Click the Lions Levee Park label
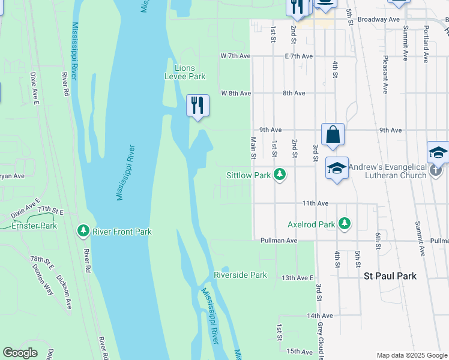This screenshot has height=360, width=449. coord(185,72)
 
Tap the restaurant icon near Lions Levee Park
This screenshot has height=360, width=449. coord(197,106)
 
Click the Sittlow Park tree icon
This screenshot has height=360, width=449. coord(279,175)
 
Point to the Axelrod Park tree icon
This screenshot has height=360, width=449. coord(344,224)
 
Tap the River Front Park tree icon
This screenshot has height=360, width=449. coord(83,231)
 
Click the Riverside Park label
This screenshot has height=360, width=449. coord(240,275)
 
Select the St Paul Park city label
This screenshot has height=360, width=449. coord(390,276)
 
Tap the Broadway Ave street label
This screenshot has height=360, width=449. coord(378,19)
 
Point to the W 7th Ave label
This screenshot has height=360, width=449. coord(235,56)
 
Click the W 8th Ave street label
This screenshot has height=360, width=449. coord(235,94)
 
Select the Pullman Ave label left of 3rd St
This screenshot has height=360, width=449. coord(279,240)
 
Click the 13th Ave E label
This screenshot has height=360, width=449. coord(298,278)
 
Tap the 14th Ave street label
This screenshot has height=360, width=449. coord(319,316)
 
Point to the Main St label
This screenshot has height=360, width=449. coord(253,148)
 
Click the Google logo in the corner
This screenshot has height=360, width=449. coord(20,353)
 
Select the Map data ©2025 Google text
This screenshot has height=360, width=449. coord(412,355)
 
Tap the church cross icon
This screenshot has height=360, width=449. coord(437,175)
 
